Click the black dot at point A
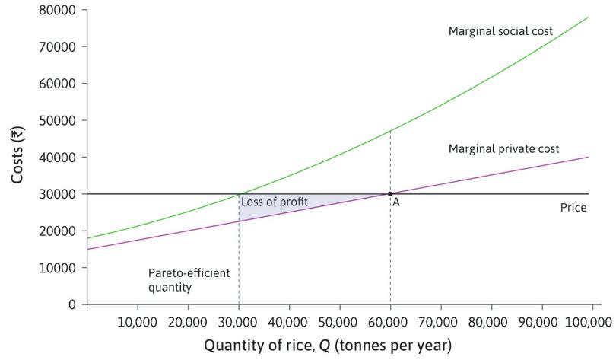390,194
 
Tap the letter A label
396,202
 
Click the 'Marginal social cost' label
500,31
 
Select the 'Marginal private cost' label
503,149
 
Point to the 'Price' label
573,207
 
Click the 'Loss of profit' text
275,202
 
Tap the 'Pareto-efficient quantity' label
183,280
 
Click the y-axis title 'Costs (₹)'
17,156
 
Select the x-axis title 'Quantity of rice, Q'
327,346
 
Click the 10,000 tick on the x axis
138,320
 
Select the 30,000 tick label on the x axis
239,320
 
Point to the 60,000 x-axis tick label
390,320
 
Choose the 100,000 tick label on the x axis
590,320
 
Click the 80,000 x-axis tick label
491,320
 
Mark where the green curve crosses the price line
239,194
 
